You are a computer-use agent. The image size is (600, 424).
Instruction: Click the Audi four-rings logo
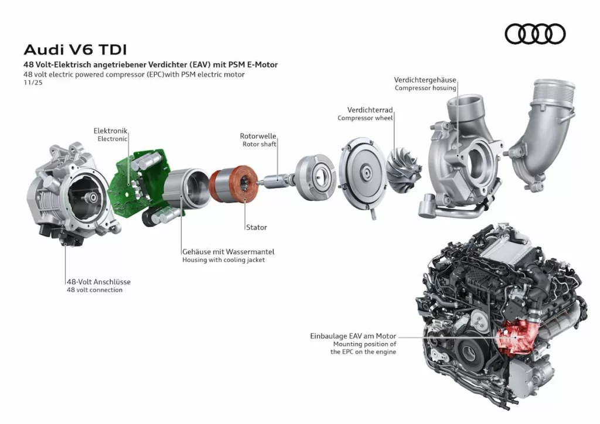tap(535, 34)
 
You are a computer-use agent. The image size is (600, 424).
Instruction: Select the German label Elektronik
tap(110, 131)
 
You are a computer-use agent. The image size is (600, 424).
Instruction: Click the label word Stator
tap(256, 227)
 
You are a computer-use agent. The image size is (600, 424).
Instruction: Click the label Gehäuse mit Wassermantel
tap(228, 252)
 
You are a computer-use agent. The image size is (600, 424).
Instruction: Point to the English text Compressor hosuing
tap(425, 88)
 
